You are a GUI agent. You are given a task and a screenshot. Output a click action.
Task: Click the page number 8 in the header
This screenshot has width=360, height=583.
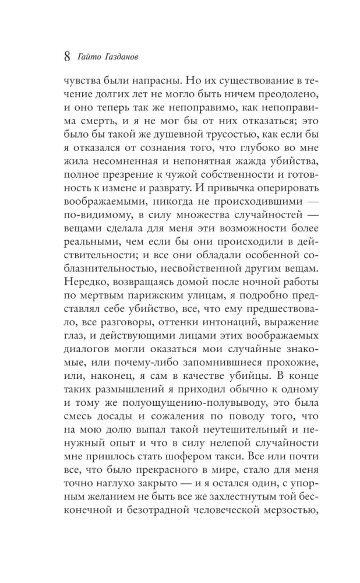click(65, 57)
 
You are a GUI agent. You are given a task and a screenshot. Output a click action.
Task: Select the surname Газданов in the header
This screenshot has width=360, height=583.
click(125, 57)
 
